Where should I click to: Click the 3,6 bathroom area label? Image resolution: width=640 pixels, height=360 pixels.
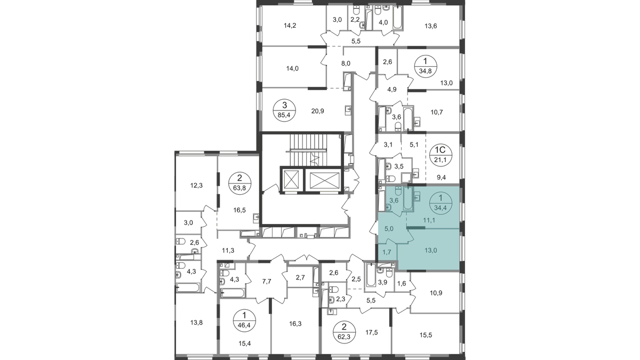pyautogui.click(x=395, y=201)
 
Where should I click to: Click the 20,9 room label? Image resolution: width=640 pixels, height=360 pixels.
pyautogui.click(x=318, y=111)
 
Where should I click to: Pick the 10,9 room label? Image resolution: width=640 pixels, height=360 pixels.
pyautogui.click(x=437, y=294)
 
